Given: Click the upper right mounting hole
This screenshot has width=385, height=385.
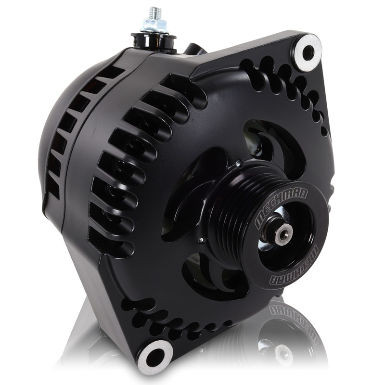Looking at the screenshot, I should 305,51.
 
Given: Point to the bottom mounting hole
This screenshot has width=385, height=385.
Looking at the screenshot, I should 155,356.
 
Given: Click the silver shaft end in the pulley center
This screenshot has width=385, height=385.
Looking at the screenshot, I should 283,234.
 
